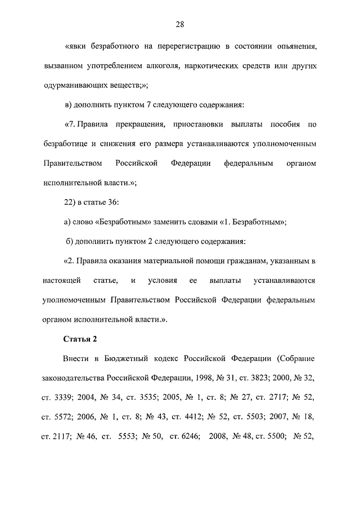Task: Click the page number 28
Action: pyautogui.click(x=180, y=24)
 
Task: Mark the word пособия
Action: pyautogui.click(x=286, y=124)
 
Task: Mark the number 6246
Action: pyautogui.click(x=183, y=436)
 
